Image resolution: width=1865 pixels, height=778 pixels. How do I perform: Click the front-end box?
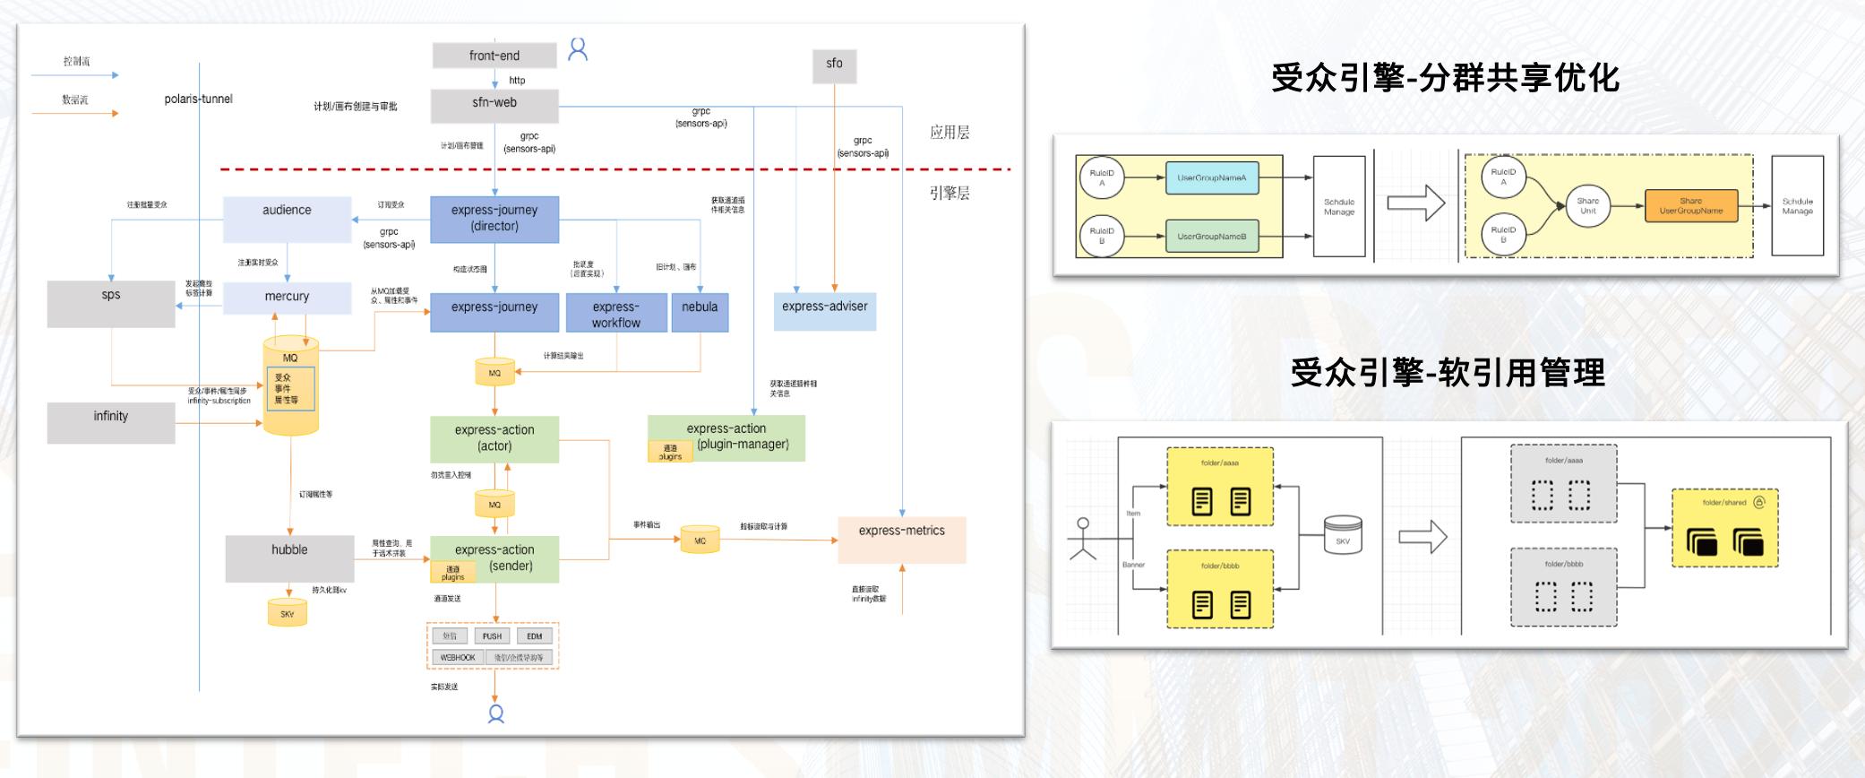(494, 56)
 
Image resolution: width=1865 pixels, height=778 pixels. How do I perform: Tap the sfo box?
(834, 65)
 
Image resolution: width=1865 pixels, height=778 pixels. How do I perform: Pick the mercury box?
(287, 297)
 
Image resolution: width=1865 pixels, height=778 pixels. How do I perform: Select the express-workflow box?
(616, 314)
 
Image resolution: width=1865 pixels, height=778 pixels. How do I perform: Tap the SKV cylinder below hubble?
(287, 613)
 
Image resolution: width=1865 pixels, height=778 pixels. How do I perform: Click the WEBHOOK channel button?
(458, 658)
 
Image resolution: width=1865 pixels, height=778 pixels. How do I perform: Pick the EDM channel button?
(535, 636)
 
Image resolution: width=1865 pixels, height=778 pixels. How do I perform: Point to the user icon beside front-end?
(578, 49)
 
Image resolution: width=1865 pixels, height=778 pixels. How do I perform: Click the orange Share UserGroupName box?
(1690, 206)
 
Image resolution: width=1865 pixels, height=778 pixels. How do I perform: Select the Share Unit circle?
(1587, 206)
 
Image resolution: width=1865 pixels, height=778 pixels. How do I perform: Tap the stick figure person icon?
(1083, 539)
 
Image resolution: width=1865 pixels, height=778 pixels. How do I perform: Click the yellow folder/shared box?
(1724, 527)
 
